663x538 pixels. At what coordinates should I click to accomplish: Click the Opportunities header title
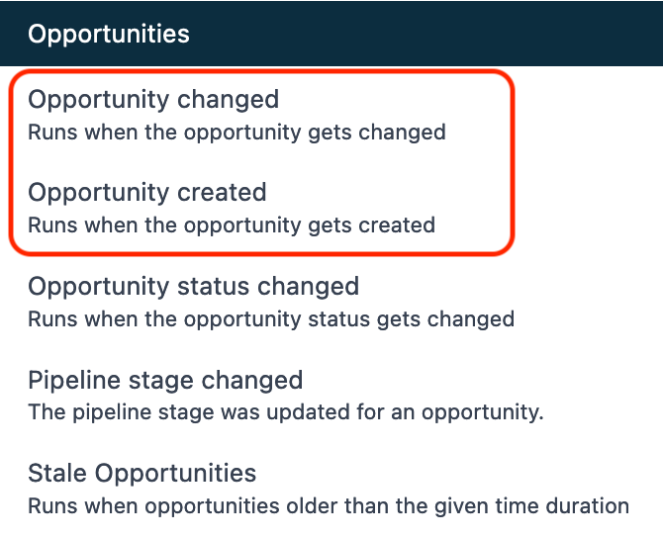click(x=109, y=35)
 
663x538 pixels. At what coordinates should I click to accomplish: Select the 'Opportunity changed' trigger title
click(x=153, y=100)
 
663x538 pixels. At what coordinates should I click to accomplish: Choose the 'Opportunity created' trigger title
click(x=147, y=193)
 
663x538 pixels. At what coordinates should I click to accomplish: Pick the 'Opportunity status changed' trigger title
click(x=194, y=287)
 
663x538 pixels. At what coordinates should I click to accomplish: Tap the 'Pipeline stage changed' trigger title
click(x=165, y=381)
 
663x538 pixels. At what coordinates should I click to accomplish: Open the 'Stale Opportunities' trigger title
click(x=142, y=474)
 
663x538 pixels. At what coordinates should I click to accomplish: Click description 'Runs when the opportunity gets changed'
click(x=237, y=133)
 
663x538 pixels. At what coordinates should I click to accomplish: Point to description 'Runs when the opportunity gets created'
click(x=232, y=225)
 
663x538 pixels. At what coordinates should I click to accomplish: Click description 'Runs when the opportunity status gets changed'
click(x=271, y=319)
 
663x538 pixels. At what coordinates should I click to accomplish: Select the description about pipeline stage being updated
click(x=286, y=412)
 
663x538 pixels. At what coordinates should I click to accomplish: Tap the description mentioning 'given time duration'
click(x=329, y=506)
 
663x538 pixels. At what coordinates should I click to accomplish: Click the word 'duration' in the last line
click(x=588, y=506)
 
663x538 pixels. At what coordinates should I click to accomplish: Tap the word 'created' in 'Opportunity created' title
click(x=222, y=192)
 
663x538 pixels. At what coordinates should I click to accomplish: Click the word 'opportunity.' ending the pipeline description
click(x=483, y=413)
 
